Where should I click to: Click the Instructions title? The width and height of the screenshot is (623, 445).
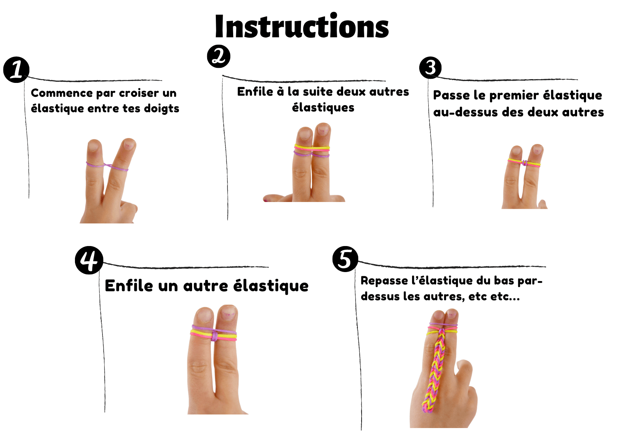(x=302, y=26)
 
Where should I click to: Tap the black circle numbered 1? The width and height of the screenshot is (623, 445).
(x=16, y=70)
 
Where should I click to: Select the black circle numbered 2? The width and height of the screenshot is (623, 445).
(x=218, y=56)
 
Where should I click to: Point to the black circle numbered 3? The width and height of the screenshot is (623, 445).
(x=430, y=67)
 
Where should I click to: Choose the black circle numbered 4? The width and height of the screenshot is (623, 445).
(x=89, y=260)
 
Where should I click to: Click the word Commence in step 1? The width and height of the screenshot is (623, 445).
(x=62, y=93)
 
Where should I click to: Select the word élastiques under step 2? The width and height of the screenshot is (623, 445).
(x=323, y=107)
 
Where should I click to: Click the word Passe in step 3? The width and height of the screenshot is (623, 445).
(x=451, y=95)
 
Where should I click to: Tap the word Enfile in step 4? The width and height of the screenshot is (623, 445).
(x=129, y=286)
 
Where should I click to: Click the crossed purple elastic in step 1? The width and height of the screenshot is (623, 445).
(x=107, y=166)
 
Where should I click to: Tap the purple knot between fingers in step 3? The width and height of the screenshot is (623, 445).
(x=524, y=163)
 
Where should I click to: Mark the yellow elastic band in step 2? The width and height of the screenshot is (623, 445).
(x=312, y=147)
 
